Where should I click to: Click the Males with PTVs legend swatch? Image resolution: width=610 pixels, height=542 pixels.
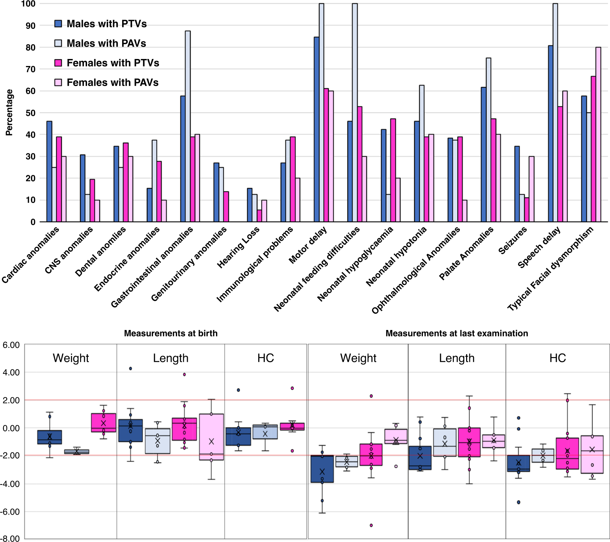pyautogui.click(x=58, y=24)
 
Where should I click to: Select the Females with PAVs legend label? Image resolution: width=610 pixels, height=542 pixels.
pyautogui.click(x=112, y=82)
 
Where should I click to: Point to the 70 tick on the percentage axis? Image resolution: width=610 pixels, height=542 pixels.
pyautogui.click(x=31, y=69)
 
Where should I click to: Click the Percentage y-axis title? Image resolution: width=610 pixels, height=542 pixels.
pyautogui.click(x=9, y=112)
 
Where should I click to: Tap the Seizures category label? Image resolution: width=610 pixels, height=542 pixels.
pyautogui.click(x=512, y=241)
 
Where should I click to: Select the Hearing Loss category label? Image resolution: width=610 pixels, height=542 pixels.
pyautogui.click(x=238, y=247)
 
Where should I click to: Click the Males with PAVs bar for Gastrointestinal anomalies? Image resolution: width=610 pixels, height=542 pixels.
pyautogui.click(x=188, y=126)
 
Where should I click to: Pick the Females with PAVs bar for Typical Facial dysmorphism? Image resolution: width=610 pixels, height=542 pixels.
pyautogui.click(x=598, y=134)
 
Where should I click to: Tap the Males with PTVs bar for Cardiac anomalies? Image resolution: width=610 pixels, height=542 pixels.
pyautogui.click(x=49, y=171)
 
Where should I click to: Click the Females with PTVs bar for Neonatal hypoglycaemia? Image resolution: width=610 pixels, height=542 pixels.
pyautogui.click(x=393, y=170)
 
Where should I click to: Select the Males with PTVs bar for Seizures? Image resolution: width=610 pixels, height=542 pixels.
pyautogui.click(x=517, y=184)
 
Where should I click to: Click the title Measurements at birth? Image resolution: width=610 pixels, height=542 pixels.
pyautogui.click(x=171, y=333)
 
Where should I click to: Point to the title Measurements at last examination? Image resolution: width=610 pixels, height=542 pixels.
pyautogui.click(x=457, y=333)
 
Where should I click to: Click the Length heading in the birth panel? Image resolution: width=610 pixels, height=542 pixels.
pyautogui.click(x=171, y=358)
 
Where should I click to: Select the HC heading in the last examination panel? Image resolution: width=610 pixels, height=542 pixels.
pyautogui.click(x=557, y=358)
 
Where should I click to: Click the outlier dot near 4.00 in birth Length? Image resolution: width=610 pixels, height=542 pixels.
pyautogui.click(x=131, y=369)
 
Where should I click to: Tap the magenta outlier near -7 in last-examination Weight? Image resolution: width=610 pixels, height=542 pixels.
pyautogui.click(x=371, y=526)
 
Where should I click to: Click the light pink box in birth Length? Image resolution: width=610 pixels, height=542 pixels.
pyautogui.click(x=211, y=437)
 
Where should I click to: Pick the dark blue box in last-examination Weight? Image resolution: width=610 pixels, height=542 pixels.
pyautogui.click(x=322, y=469)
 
